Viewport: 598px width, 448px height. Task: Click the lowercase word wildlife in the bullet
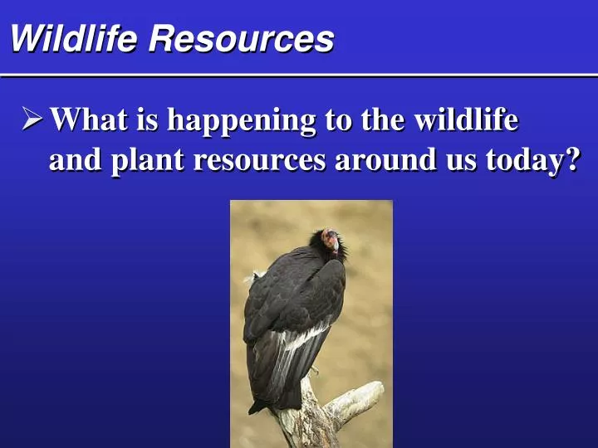coord(466,120)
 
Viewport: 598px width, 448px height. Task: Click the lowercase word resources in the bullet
coord(261,160)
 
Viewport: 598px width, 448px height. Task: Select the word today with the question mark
coord(532,160)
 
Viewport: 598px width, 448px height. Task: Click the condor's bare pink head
coord(332,240)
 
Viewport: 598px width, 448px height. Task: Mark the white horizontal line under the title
coord(299,75)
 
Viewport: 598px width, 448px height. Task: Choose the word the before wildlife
coord(381,120)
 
